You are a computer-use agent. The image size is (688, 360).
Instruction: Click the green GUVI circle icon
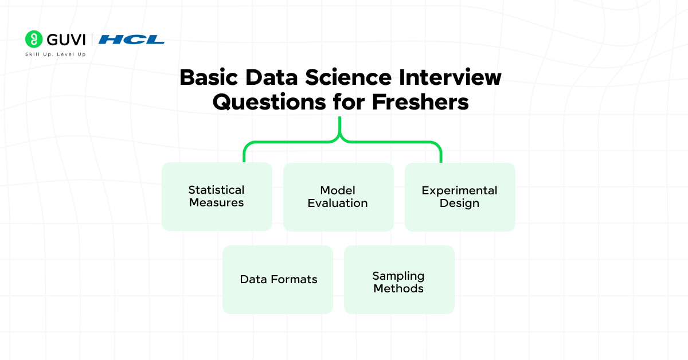pos(34,40)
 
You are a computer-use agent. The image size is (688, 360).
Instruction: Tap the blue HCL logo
pos(131,40)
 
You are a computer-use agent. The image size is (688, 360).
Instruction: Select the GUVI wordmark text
pos(66,40)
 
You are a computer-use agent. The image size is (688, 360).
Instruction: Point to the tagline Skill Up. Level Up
pos(56,54)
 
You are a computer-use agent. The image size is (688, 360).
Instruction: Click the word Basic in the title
pos(209,77)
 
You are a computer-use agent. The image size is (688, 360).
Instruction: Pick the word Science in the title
pos(349,77)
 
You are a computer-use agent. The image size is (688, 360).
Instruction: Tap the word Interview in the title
pos(450,77)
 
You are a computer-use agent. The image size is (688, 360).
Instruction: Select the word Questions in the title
pos(269,102)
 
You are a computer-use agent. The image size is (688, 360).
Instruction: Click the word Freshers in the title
pos(420,101)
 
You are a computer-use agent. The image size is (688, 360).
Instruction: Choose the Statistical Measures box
pos(217,197)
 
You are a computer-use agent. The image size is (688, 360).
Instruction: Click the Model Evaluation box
pos(338,197)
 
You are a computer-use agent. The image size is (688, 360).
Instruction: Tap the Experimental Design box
pos(460,197)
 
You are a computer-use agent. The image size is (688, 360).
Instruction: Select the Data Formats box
pos(277,280)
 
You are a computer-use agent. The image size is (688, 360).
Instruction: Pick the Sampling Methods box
pos(399,280)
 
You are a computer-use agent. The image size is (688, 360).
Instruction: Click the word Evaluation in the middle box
pos(338,203)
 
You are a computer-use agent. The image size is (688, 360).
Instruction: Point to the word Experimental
pos(459,191)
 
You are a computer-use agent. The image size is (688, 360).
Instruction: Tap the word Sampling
pos(398,276)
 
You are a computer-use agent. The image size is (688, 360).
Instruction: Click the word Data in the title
pos(272,77)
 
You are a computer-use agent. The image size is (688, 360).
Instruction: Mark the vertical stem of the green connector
pos(339,126)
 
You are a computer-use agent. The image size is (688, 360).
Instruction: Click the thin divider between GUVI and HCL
pos(92,40)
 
